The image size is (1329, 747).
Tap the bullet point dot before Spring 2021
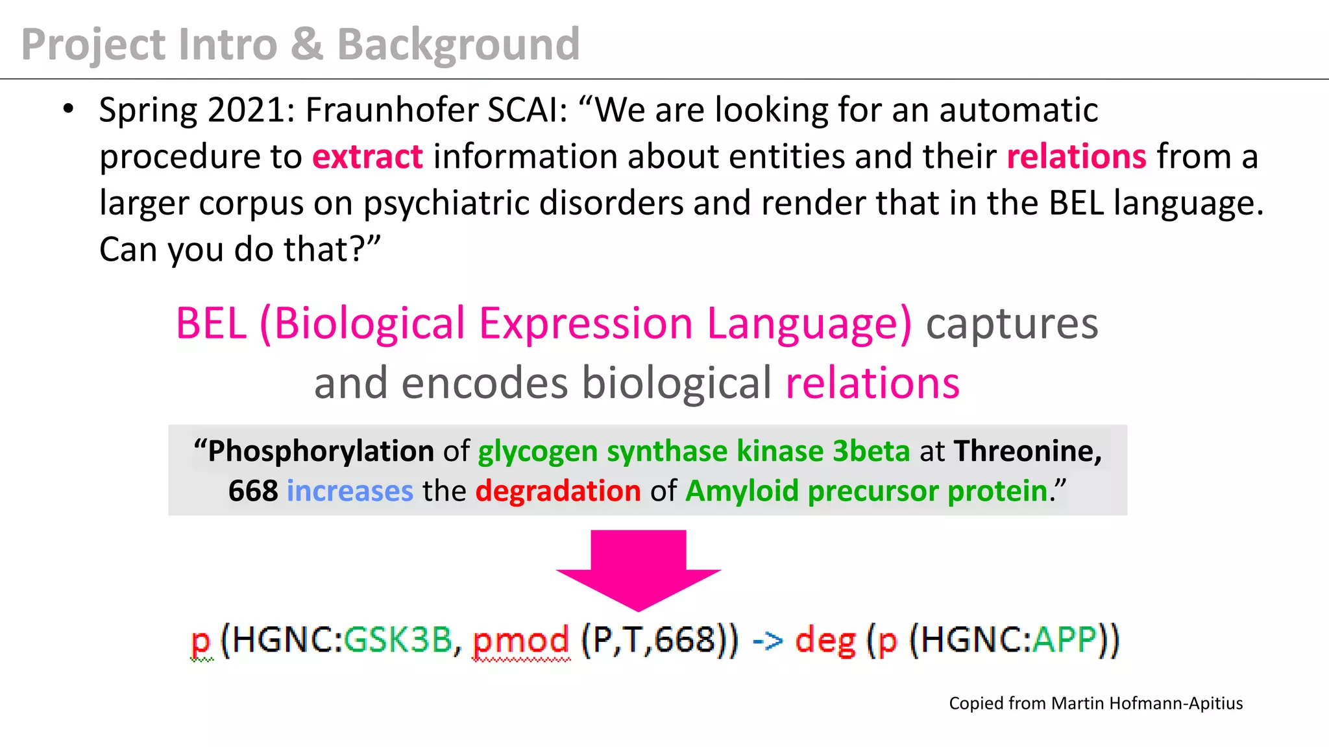68,109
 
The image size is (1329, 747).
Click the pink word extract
367,157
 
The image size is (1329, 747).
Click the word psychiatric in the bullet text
446,203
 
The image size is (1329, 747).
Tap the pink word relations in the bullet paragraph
1077,157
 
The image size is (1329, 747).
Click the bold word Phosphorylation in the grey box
321,451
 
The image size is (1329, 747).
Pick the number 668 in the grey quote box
253,491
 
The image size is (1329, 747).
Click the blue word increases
350,491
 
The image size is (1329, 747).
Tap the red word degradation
558,491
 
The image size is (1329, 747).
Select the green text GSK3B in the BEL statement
397,640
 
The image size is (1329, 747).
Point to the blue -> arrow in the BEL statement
767,641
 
